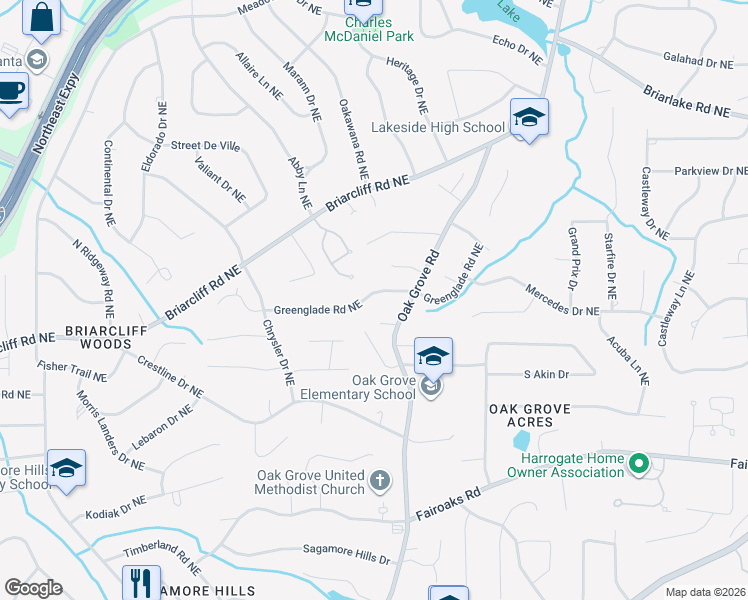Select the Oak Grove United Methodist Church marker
tap(379, 482)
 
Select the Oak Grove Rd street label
tap(418, 286)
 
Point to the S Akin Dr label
tap(546, 375)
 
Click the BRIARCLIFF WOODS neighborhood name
tap(106, 336)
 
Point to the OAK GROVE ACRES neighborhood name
tap(529, 418)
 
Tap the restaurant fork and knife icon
tap(141, 582)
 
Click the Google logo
tap(33, 588)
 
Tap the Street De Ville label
tap(205, 146)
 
